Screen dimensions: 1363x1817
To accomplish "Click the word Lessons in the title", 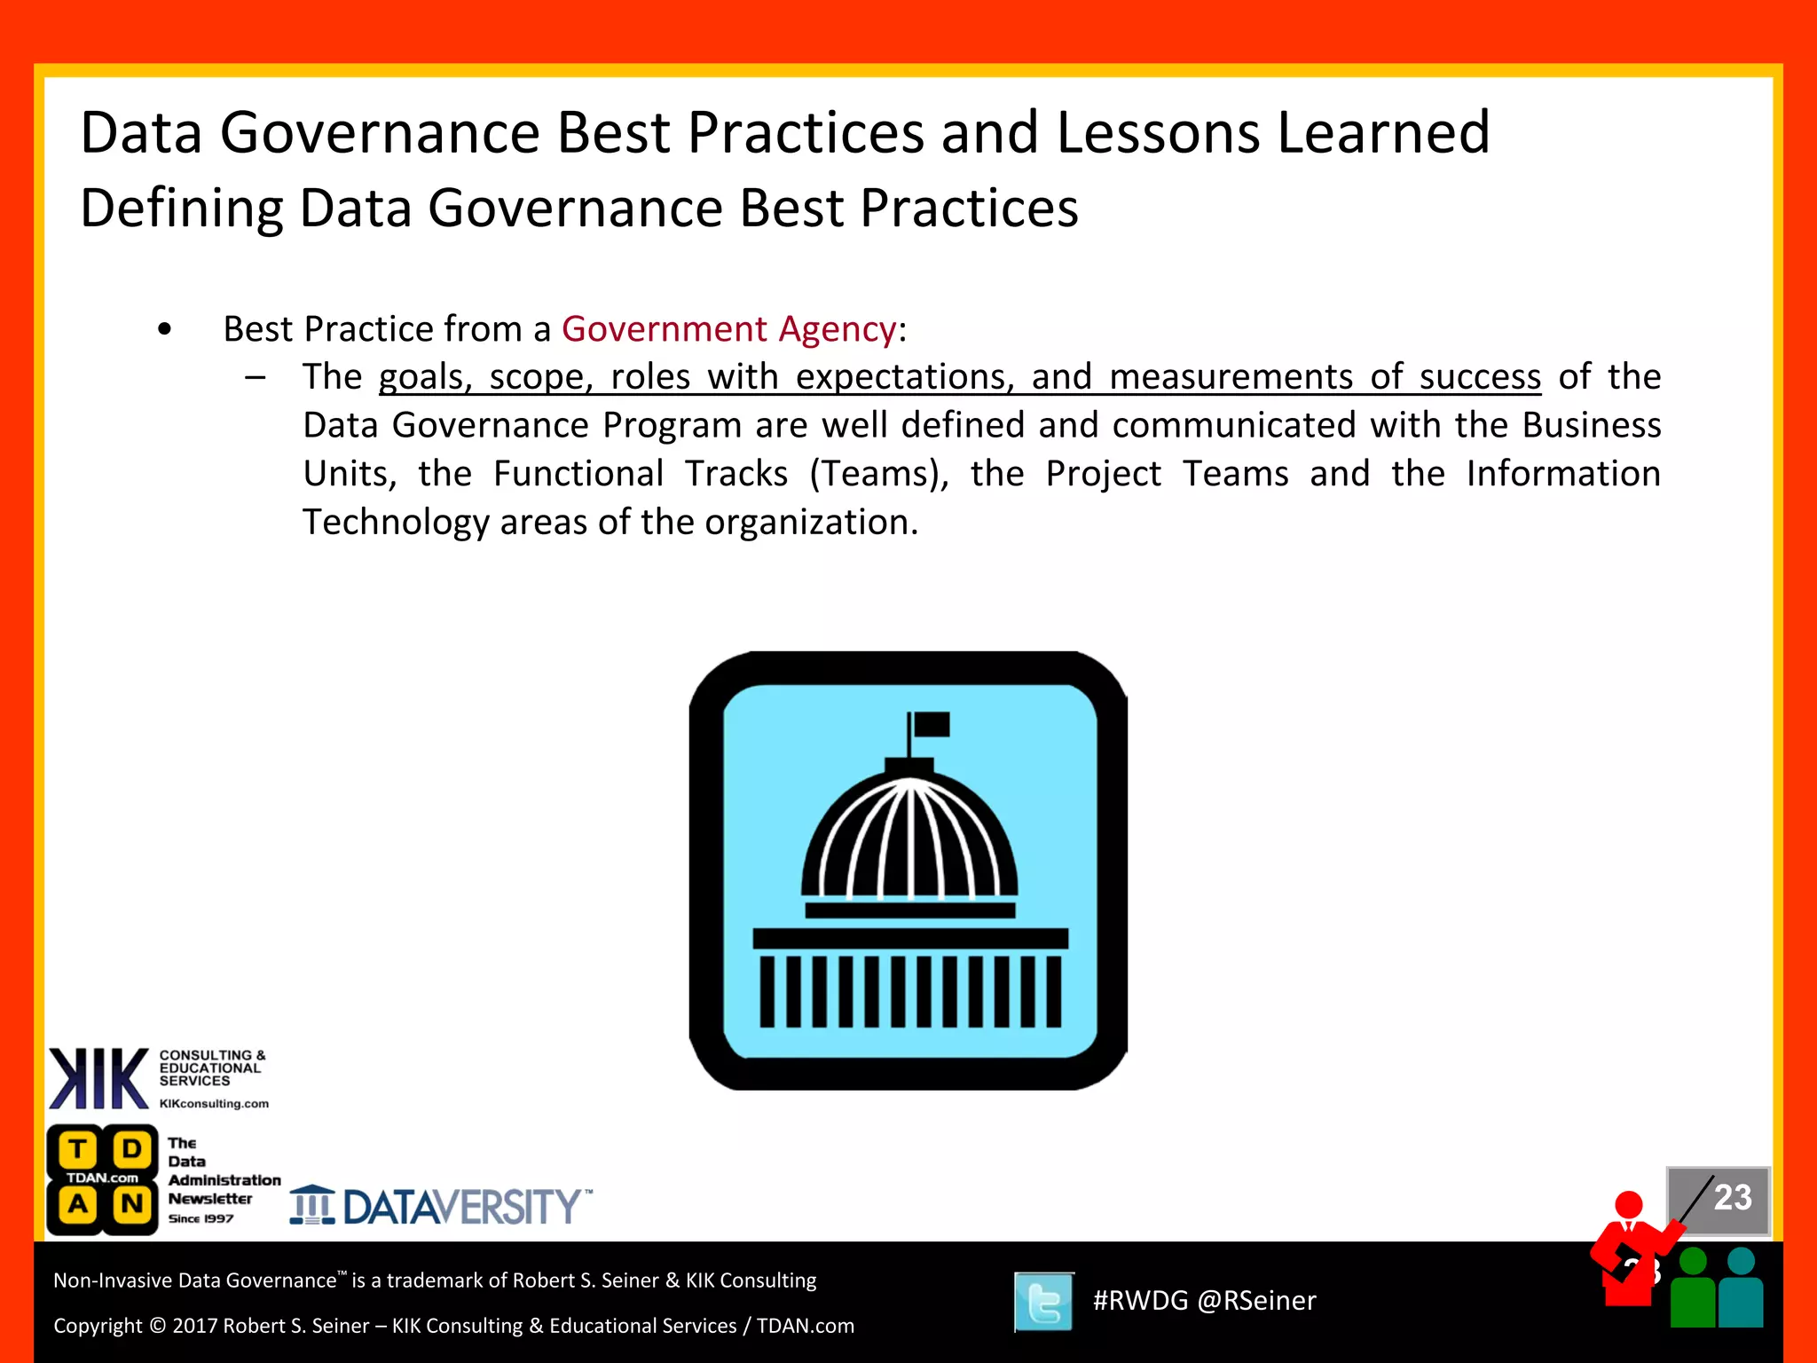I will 1158,133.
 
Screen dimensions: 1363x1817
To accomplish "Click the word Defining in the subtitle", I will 182,209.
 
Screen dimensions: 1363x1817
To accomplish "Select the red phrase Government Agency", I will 728,329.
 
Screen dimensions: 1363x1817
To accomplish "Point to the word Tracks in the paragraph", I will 735,474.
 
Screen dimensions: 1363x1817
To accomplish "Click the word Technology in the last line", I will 395,523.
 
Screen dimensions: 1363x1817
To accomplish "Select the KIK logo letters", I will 98,1079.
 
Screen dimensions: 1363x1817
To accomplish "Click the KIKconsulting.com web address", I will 214,1104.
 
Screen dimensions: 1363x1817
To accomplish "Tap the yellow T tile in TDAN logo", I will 78,1150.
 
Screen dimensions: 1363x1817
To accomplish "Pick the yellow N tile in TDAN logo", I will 132,1205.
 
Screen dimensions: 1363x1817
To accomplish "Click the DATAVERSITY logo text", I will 461,1207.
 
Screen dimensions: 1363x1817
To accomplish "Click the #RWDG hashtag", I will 1140,1301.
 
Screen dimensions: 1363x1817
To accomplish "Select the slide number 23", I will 1731,1198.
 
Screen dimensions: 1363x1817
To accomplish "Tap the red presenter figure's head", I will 1628,1205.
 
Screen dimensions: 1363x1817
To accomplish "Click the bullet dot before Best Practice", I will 164,330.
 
